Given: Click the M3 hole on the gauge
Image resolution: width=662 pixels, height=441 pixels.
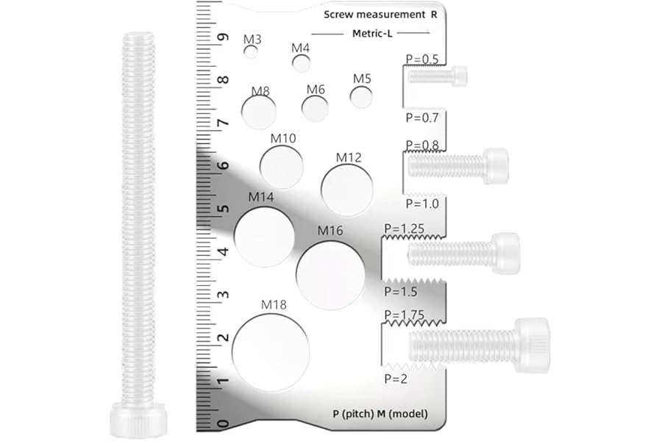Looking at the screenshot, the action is (251, 52).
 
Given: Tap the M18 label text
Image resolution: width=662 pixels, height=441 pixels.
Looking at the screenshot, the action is (274, 304).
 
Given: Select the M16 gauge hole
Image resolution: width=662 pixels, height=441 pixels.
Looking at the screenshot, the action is (330, 275).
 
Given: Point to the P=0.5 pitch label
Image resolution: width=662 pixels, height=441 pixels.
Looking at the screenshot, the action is (421, 59).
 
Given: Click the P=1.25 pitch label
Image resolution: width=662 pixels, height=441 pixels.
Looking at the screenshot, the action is (404, 229).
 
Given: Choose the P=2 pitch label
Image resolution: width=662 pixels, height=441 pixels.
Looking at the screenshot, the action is (396, 379).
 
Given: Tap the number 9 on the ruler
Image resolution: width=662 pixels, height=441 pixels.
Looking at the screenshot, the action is (223, 37).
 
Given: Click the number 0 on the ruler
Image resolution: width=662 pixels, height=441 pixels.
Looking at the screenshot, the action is (223, 423).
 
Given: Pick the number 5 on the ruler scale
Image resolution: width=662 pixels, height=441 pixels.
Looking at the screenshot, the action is (223, 209).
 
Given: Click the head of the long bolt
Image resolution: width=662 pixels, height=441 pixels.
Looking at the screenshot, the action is (138, 420).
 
